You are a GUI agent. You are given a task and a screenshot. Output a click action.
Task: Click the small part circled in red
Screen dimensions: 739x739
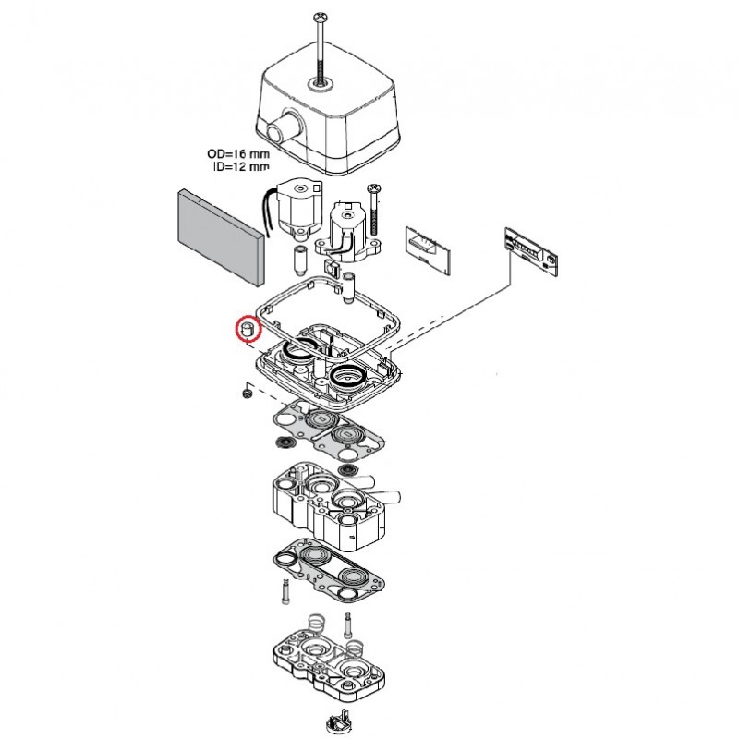tap(247, 328)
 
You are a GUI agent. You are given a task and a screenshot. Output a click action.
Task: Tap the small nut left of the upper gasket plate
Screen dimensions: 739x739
tap(247, 393)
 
